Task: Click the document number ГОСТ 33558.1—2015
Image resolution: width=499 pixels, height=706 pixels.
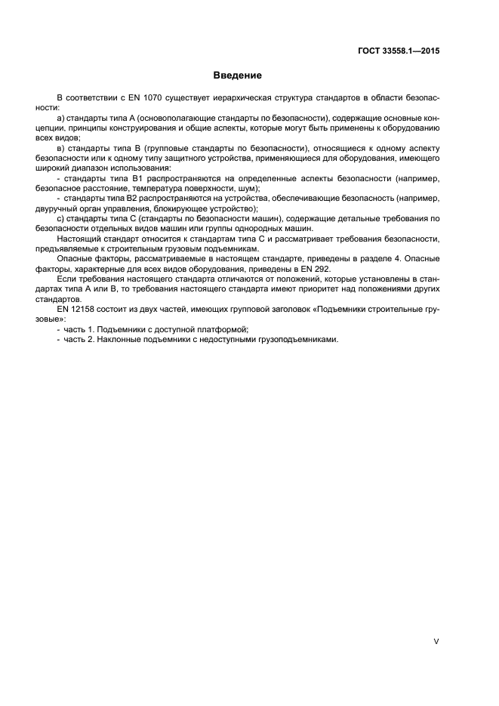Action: (x=399, y=51)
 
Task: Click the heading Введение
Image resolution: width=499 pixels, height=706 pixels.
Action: (x=237, y=76)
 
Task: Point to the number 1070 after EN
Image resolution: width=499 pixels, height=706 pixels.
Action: (x=132, y=99)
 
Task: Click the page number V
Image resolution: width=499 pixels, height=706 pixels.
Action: (x=436, y=640)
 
